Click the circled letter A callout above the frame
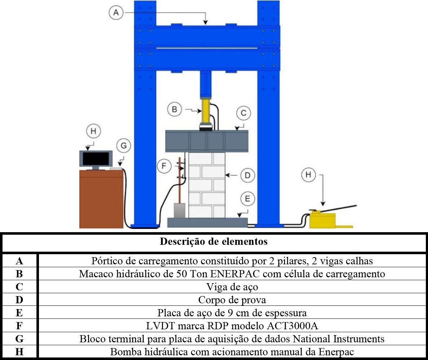tap(116, 13)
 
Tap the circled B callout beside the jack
tap(174, 109)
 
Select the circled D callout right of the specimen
tap(248, 175)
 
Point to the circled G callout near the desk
tap(124, 146)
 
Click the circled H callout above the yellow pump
tap(309, 175)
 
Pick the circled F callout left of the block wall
tap(164, 166)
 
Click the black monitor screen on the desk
tap(96, 159)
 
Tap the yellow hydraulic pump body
tap(323, 220)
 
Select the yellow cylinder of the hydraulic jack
tap(205, 112)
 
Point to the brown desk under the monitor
tap(101, 199)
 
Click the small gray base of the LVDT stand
tap(180, 210)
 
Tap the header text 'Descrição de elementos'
tap(214, 242)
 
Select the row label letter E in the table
tap(19, 313)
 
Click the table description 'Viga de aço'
tap(232, 287)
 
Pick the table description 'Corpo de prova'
tap(232, 300)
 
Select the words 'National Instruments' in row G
tap(339, 339)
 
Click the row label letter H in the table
tap(19, 352)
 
